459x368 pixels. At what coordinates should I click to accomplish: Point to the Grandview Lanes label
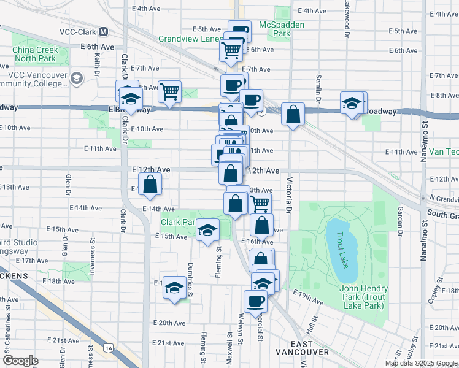[190, 38]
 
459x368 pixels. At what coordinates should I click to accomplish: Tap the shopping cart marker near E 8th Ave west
[169, 93]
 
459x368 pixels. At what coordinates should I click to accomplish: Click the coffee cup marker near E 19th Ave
[255, 301]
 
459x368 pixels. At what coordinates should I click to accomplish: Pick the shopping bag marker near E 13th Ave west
[150, 184]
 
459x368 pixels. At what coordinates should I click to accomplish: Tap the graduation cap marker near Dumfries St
[174, 286]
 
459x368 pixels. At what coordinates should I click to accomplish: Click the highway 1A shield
[109, 348]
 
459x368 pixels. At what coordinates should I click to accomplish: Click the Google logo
[21, 361]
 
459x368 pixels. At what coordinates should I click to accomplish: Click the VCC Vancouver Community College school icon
[77, 78]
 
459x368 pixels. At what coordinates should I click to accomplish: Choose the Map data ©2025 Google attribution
[421, 363]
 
